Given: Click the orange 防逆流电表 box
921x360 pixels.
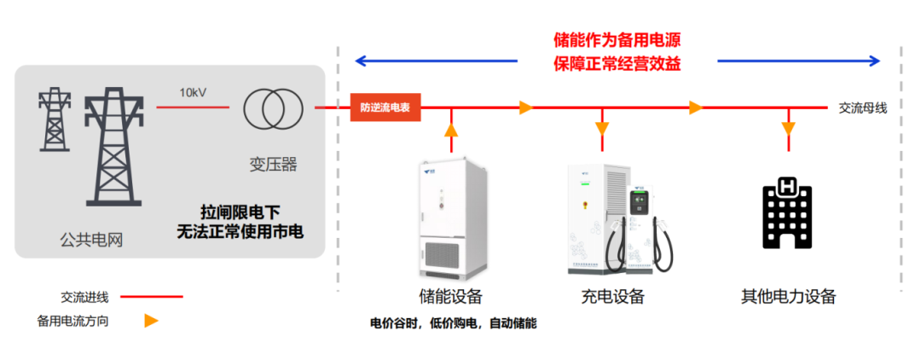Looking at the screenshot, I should (385, 107).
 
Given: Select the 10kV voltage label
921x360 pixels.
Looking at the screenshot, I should (194, 92).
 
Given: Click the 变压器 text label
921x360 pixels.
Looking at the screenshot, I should (273, 164).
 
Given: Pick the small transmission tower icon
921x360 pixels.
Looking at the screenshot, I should (54, 119).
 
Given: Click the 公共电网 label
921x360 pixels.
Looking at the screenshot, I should (91, 240).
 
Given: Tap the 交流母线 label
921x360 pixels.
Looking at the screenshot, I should (862, 107).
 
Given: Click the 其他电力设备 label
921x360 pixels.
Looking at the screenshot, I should (788, 297).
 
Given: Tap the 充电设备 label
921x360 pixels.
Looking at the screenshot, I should (612, 297).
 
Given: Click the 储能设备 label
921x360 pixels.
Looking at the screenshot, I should (450, 297).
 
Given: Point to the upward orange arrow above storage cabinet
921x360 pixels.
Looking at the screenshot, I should (451, 130).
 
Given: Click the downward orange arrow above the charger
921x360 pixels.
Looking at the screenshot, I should (603, 129).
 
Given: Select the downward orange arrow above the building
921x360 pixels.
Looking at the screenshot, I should (788, 129).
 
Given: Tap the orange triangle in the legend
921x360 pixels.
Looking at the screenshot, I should (151, 321).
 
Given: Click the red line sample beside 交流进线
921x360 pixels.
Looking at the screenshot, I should (151, 297).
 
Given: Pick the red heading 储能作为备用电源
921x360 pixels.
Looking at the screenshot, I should (617, 40).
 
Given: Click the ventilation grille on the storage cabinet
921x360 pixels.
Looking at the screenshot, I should (451, 255).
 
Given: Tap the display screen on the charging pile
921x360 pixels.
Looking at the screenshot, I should (640, 202).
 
